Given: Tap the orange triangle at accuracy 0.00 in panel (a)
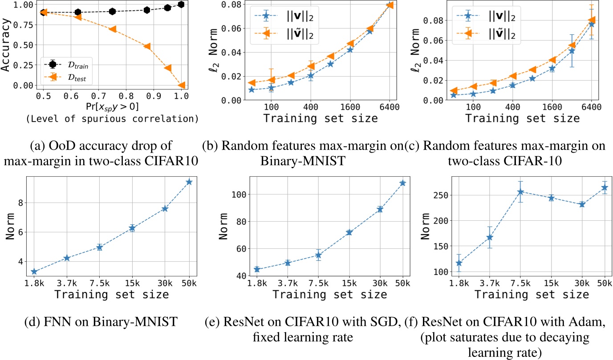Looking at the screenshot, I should [181, 85].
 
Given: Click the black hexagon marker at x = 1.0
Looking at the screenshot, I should [181, 4].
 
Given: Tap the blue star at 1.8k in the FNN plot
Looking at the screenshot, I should [34, 271].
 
